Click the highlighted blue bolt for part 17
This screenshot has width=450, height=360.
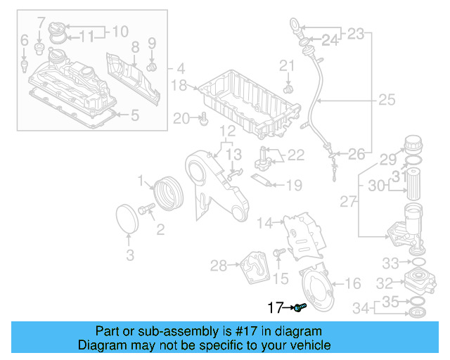(x=300, y=308)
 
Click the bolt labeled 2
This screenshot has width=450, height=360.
(x=147, y=209)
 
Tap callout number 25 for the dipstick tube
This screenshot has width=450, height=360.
(x=387, y=101)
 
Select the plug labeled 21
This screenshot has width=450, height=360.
(x=287, y=90)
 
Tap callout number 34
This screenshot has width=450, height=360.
(x=361, y=307)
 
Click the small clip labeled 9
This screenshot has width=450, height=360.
(x=150, y=67)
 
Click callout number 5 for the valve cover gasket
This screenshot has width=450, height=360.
(x=135, y=115)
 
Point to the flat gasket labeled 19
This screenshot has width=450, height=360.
(x=263, y=182)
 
